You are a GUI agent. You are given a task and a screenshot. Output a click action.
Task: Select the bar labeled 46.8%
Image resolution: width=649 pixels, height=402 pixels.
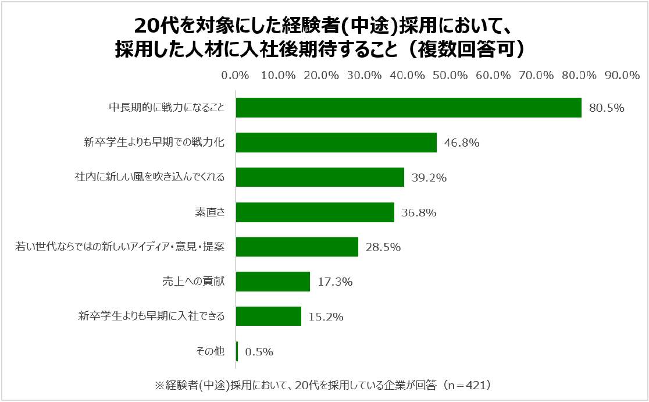[x=336, y=143]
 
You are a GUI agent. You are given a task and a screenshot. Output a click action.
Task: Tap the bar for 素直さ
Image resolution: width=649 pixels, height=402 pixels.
[x=315, y=212]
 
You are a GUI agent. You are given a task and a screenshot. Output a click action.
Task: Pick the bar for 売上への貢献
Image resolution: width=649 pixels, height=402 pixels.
[x=273, y=282]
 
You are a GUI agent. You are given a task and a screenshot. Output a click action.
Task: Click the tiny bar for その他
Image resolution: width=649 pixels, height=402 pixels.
[x=237, y=351]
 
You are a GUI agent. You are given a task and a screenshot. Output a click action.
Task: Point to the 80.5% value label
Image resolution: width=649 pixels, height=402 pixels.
[x=606, y=108]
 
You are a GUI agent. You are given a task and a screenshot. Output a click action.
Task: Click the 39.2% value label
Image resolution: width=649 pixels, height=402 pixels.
[x=429, y=178]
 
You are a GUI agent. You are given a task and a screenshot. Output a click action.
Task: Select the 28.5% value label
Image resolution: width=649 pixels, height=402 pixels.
[x=383, y=247]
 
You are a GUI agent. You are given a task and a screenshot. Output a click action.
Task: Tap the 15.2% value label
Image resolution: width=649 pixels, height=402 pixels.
[x=326, y=317]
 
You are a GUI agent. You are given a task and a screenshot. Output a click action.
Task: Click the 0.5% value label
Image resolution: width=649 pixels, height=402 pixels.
[x=259, y=352]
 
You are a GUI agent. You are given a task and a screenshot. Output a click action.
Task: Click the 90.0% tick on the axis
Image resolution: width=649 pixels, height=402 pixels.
[x=622, y=76]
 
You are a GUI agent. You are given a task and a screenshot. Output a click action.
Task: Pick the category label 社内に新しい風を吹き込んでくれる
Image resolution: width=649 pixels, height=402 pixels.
[x=149, y=177]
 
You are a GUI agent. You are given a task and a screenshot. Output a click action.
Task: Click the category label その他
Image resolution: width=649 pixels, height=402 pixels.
[x=211, y=351]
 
